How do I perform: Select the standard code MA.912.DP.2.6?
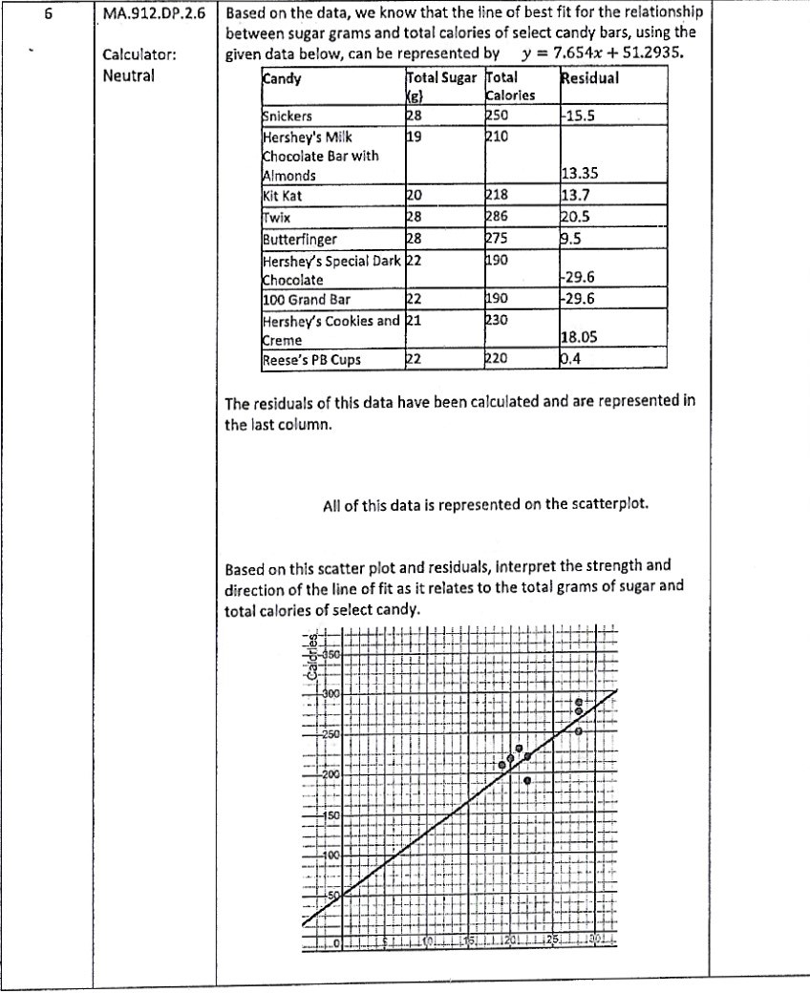click(x=154, y=15)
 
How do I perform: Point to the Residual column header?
click(x=589, y=78)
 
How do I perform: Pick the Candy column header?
click(x=282, y=78)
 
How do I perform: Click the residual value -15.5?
click(x=578, y=116)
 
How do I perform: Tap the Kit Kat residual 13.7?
click(x=575, y=197)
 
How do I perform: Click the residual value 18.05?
click(x=580, y=340)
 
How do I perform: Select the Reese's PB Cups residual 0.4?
click(x=571, y=360)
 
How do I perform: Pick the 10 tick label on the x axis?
click(x=429, y=942)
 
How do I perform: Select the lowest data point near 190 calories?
click(x=527, y=780)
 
